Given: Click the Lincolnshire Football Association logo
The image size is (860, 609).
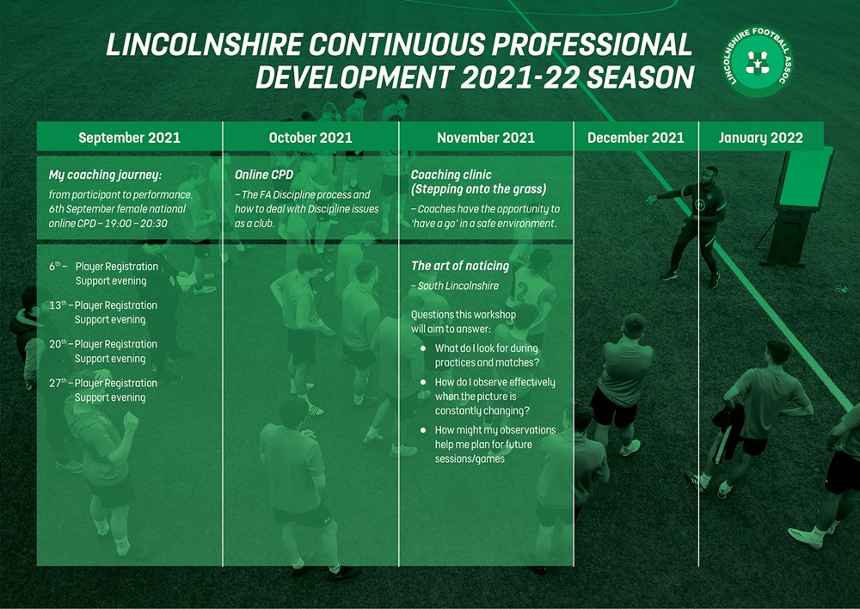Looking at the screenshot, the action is pos(758,62).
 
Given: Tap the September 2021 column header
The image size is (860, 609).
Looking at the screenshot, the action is pos(130,137).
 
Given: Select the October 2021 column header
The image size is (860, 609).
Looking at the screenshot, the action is pos(310,137).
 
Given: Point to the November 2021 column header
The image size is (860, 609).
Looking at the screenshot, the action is pos(486,137).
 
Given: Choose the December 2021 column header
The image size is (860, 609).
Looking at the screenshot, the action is pos(636,137).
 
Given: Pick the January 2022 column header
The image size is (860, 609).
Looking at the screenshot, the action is pos(761,138).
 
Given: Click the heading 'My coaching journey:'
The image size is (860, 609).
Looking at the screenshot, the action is pos(105,175).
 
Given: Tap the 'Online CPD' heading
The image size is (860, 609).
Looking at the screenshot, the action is pos(264,175).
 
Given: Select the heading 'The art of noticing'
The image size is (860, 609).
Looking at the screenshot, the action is pos(460,266).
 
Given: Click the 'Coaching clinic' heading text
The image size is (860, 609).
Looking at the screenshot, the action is pos(451,175).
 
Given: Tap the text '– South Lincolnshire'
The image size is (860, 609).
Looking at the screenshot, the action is pos(455,286).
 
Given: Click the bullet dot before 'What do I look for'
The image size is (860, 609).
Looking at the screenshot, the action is pos(423,348).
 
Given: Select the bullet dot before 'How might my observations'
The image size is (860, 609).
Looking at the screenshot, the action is pos(423,430).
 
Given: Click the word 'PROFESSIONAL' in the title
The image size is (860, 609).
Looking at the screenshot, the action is pos(592,45).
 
